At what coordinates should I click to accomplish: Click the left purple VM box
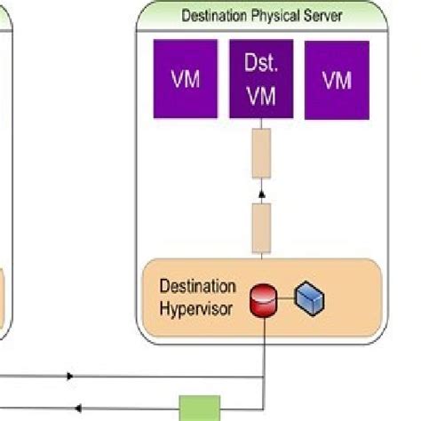click(185, 79)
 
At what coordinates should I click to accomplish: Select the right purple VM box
click(337, 80)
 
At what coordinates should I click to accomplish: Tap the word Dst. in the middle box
click(261, 65)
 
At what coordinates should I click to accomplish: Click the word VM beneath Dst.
click(261, 95)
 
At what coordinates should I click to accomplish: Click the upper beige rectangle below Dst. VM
click(261, 153)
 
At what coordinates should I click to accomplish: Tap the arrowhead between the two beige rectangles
click(261, 190)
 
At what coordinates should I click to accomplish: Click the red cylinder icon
click(264, 300)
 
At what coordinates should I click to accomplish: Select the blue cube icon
click(311, 299)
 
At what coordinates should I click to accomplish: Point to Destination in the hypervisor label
click(197, 287)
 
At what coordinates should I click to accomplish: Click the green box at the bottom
click(200, 409)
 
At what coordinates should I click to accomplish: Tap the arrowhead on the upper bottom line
click(70, 376)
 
